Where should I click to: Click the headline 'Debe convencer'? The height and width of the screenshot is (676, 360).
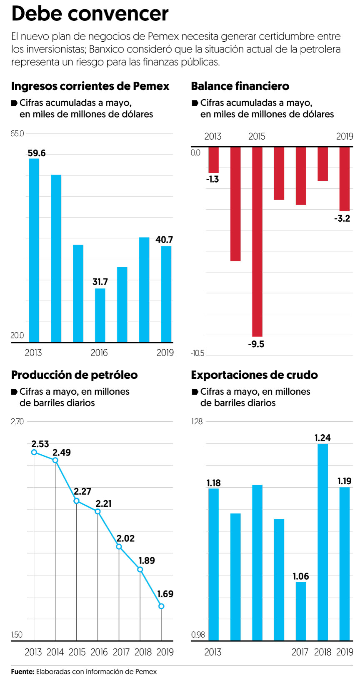[x=90, y=14]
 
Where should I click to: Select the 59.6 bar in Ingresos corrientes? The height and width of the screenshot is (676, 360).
[x=34, y=250]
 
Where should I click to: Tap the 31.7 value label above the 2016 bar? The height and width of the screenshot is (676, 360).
[x=100, y=282]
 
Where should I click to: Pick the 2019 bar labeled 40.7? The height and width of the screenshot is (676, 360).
[x=166, y=294]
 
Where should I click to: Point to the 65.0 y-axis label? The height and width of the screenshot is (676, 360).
[x=17, y=134]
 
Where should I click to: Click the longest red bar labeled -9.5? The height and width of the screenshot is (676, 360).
[x=257, y=242]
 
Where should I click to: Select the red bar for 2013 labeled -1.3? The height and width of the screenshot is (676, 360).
[x=213, y=160]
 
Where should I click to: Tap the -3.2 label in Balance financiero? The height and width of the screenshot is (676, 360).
[x=342, y=218]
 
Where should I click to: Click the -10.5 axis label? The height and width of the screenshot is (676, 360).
[x=197, y=353]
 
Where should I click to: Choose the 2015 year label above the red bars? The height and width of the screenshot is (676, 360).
[x=257, y=137]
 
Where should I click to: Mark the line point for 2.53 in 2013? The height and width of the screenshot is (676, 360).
[x=34, y=452]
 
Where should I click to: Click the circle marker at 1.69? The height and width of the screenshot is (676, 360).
[x=161, y=606]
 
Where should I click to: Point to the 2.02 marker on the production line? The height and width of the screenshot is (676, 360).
[x=119, y=546]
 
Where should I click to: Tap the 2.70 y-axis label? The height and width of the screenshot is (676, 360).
[x=17, y=422]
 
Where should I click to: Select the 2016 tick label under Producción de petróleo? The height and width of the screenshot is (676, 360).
[x=99, y=652]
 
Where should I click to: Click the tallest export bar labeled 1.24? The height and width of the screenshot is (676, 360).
[x=322, y=542]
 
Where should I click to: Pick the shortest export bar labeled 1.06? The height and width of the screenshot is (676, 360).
[x=301, y=611]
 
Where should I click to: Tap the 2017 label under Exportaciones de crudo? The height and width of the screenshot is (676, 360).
[x=300, y=652]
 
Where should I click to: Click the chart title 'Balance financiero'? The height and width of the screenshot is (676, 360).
[x=240, y=86]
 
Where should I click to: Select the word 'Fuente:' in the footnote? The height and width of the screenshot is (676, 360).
[x=22, y=671]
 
